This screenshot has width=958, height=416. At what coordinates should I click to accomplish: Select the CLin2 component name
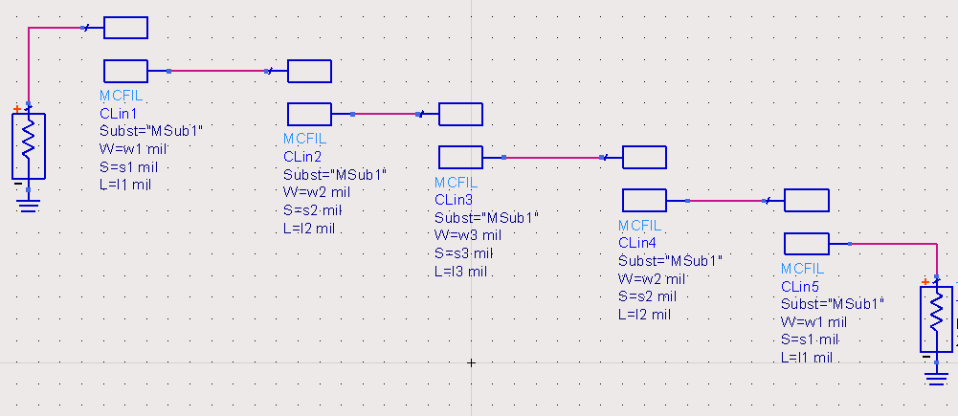tap(302, 156)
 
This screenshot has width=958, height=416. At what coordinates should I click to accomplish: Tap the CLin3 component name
tap(454, 200)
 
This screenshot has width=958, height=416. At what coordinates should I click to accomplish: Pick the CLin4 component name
tap(639, 243)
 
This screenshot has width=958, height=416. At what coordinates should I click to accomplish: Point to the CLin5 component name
tap(801, 287)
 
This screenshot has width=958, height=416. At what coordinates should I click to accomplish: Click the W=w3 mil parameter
tap(468, 235)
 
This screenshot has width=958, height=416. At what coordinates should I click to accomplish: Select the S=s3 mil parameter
tap(463, 253)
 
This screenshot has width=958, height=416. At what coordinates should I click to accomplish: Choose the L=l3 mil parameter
tap(460, 272)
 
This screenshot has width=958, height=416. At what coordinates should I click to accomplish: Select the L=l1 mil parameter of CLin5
tap(808, 358)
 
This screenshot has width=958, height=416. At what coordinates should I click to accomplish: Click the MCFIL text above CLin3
tap(455, 183)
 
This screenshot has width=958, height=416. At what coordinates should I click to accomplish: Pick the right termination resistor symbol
tap(936, 319)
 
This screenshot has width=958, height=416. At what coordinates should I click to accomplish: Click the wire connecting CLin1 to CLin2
tap(217, 71)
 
